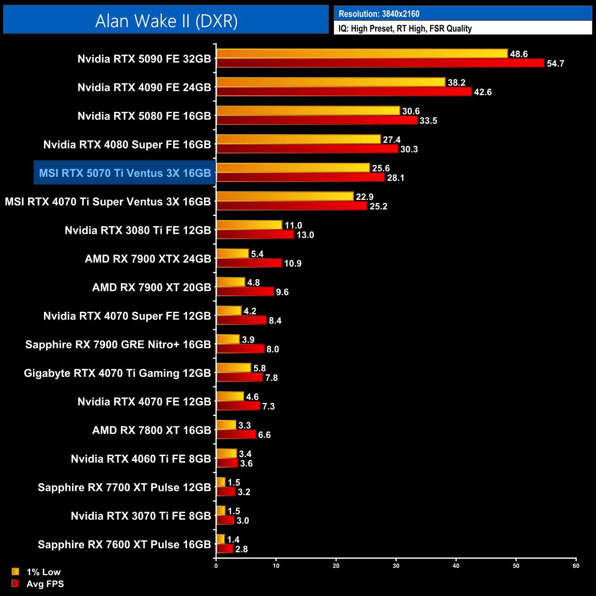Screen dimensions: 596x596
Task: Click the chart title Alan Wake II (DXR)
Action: pyautogui.click(x=166, y=21)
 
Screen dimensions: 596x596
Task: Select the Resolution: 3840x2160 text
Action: pyautogui.click(x=379, y=14)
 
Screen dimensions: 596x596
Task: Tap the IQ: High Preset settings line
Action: pyautogui.click(x=405, y=28)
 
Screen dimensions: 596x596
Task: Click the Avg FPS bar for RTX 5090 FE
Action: pyautogui.click(x=380, y=63)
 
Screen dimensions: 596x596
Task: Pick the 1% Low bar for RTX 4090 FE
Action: pyautogui.click(x=331, y=82)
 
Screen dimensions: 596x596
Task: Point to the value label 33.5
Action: pyautogui.click(x=428, y=121)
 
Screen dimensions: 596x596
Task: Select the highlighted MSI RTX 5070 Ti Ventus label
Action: pyautogui.click(x=125, y=173)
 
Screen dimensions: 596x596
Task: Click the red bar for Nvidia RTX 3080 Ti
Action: pyautogui.click(x=255, y=235)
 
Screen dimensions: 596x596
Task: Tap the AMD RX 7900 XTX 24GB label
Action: pyautogui.click(x=148, y=259)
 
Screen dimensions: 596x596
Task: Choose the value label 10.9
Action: pyautogui.click(x=292, y=264)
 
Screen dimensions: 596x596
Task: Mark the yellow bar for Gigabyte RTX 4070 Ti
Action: pyautogui.click(x=234, y=368)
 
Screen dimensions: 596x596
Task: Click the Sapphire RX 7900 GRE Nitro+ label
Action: pyautogui.click(x=118, y=344)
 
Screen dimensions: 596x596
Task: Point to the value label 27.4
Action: pyautogui.click(x=392, y=140)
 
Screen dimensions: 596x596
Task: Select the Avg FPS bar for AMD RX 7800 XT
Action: pyautogui.click(x=236, y=435)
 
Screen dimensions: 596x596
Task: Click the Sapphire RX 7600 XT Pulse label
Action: pyautogui.click(x=124, y=544)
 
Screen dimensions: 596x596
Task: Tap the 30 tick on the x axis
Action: pyautogui.click(x=396, y=566)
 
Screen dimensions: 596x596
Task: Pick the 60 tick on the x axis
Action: pyautogui.click(x=576, y=566)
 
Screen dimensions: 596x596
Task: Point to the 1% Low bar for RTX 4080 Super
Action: pyautogui.click(x=298, y=139)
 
